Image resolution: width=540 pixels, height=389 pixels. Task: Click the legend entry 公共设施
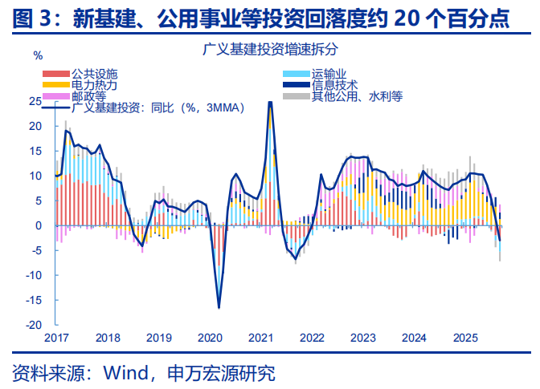click(x=88, y=74)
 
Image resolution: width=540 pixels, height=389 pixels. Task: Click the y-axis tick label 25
click(x=35, y=102)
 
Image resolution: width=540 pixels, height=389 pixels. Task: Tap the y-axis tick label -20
click(x=33, y=325)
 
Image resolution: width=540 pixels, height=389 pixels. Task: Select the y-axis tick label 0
click(x=38, y=225)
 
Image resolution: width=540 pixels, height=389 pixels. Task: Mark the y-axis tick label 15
click(x=35, y=152)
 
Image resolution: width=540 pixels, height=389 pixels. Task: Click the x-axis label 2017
click(x=56, y=338)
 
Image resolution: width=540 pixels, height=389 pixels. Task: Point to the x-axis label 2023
click(x=362, y=338)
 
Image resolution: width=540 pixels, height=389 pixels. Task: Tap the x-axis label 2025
click(x=464, y=338)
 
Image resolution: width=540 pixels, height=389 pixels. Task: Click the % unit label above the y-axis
click(x=38, y=55)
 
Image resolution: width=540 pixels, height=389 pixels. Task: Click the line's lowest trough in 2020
click(x=219, y=307)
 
